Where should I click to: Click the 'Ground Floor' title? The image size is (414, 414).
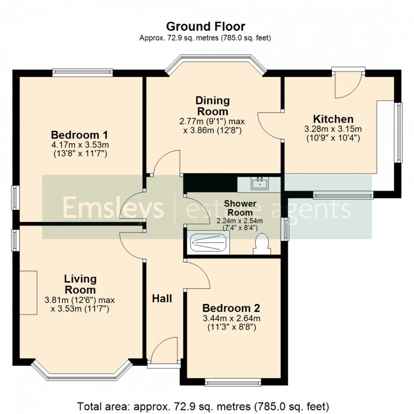(205, 27)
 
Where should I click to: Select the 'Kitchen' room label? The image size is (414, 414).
(333, 119)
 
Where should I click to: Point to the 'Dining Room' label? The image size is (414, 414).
(212, 106)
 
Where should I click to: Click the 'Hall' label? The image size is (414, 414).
(162, 299)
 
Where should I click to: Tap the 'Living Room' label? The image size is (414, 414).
(80, 284)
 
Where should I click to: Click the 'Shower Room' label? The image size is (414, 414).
(240, 207)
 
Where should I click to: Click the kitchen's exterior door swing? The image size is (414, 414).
(348, 86)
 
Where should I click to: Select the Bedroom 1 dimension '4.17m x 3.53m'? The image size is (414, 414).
(80, 145)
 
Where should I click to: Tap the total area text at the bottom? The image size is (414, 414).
(203, 405)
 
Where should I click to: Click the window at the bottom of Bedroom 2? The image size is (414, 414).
(233, 382)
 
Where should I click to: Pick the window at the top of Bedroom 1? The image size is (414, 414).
(82, 73)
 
